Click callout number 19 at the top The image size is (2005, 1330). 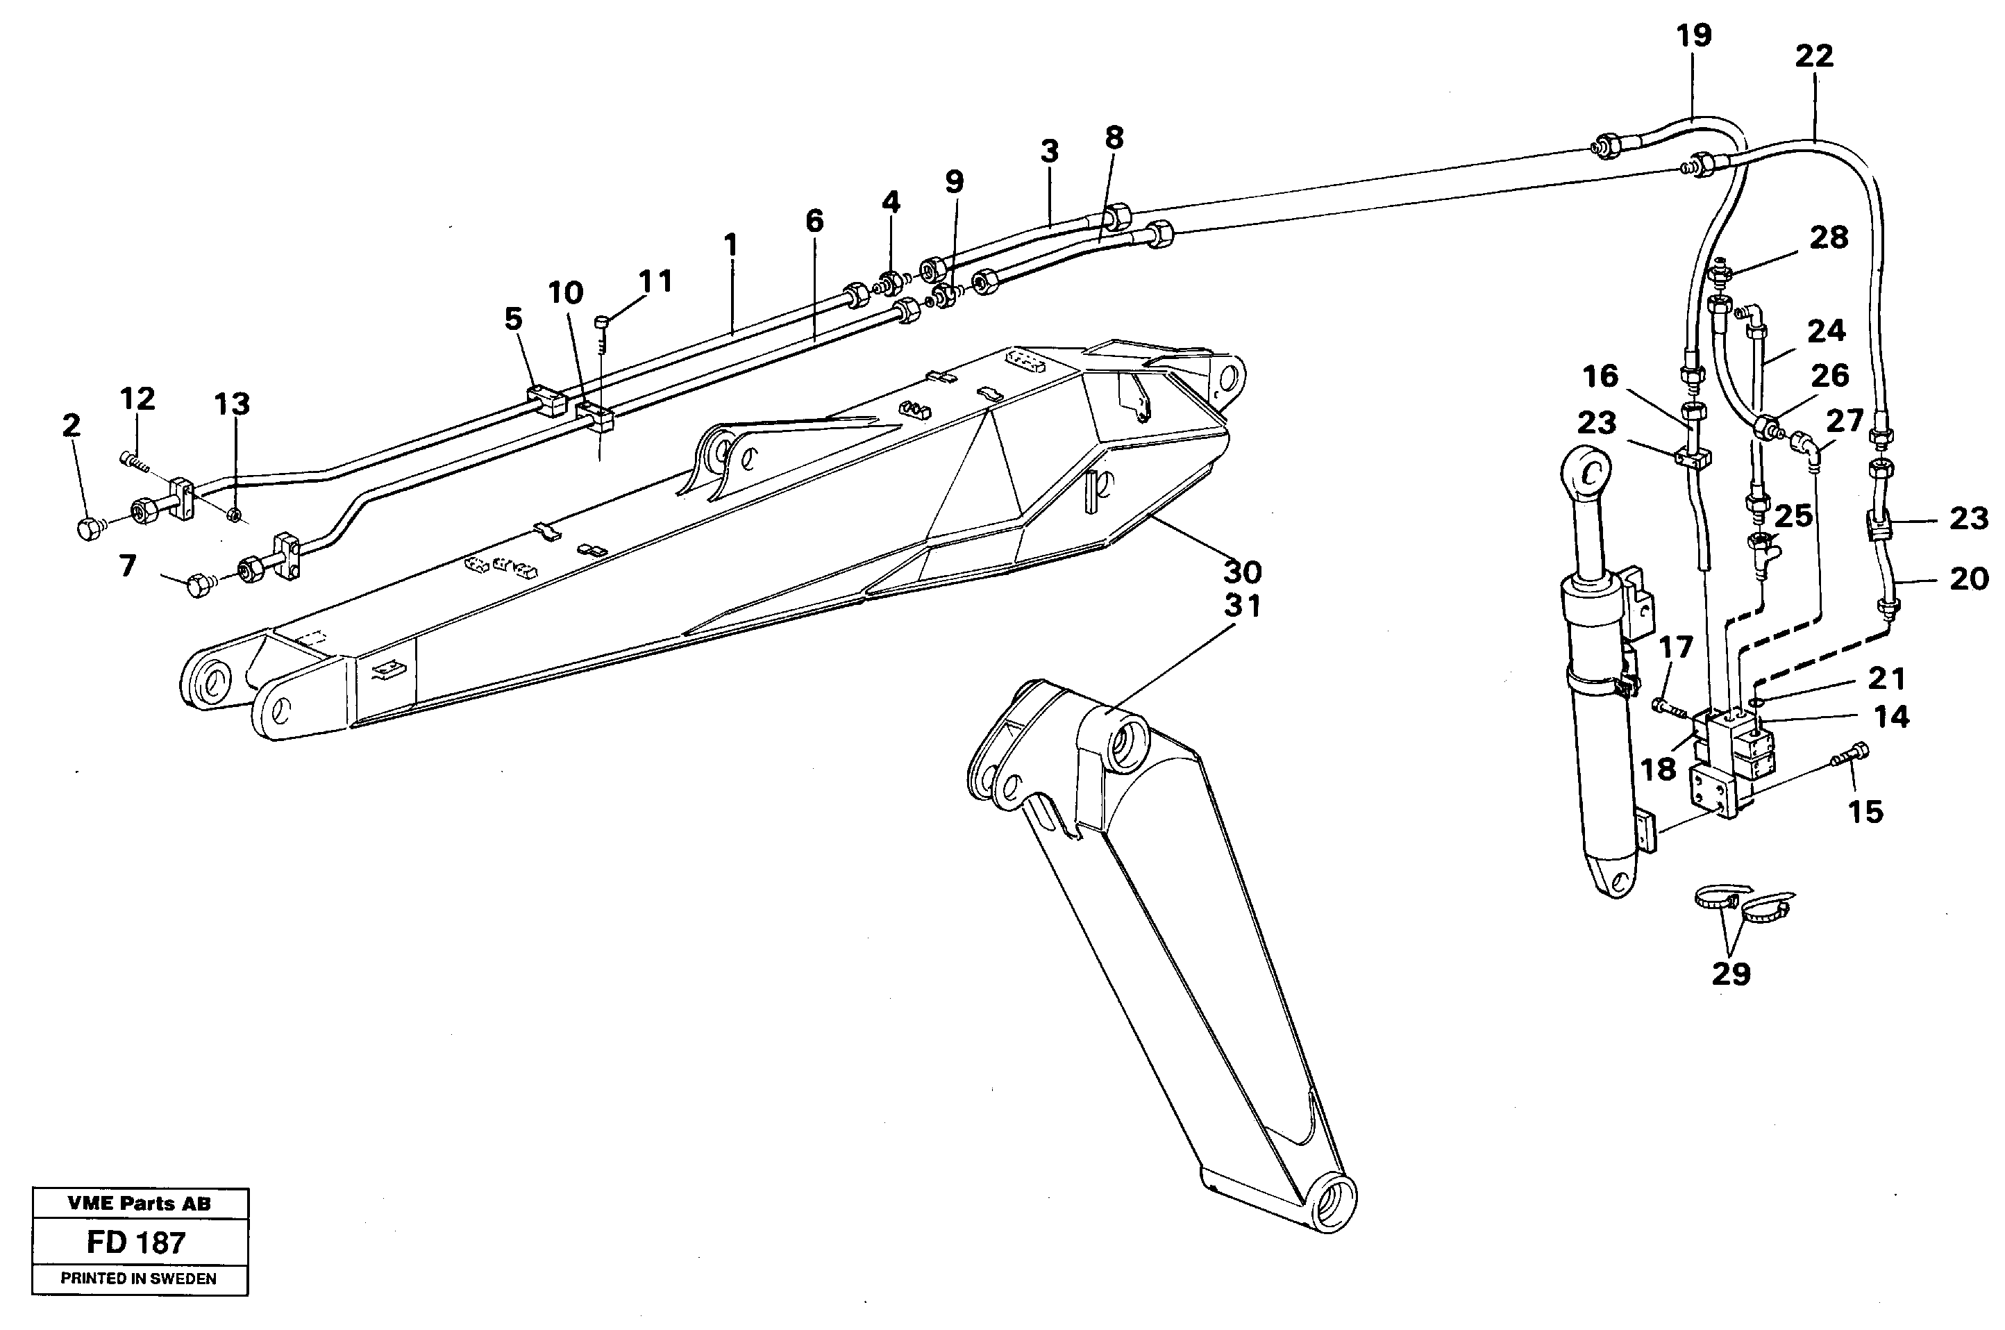click(1693, 35)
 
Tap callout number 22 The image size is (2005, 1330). click(1813, 56)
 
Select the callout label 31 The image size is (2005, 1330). click(1242, 606)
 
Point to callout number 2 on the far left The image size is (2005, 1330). click(72, 425)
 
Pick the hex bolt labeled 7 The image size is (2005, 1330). click(199, 585)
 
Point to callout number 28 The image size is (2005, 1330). click(1828, 238)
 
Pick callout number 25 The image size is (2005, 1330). click(1793, 515)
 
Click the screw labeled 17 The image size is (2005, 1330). click(1664, 706)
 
